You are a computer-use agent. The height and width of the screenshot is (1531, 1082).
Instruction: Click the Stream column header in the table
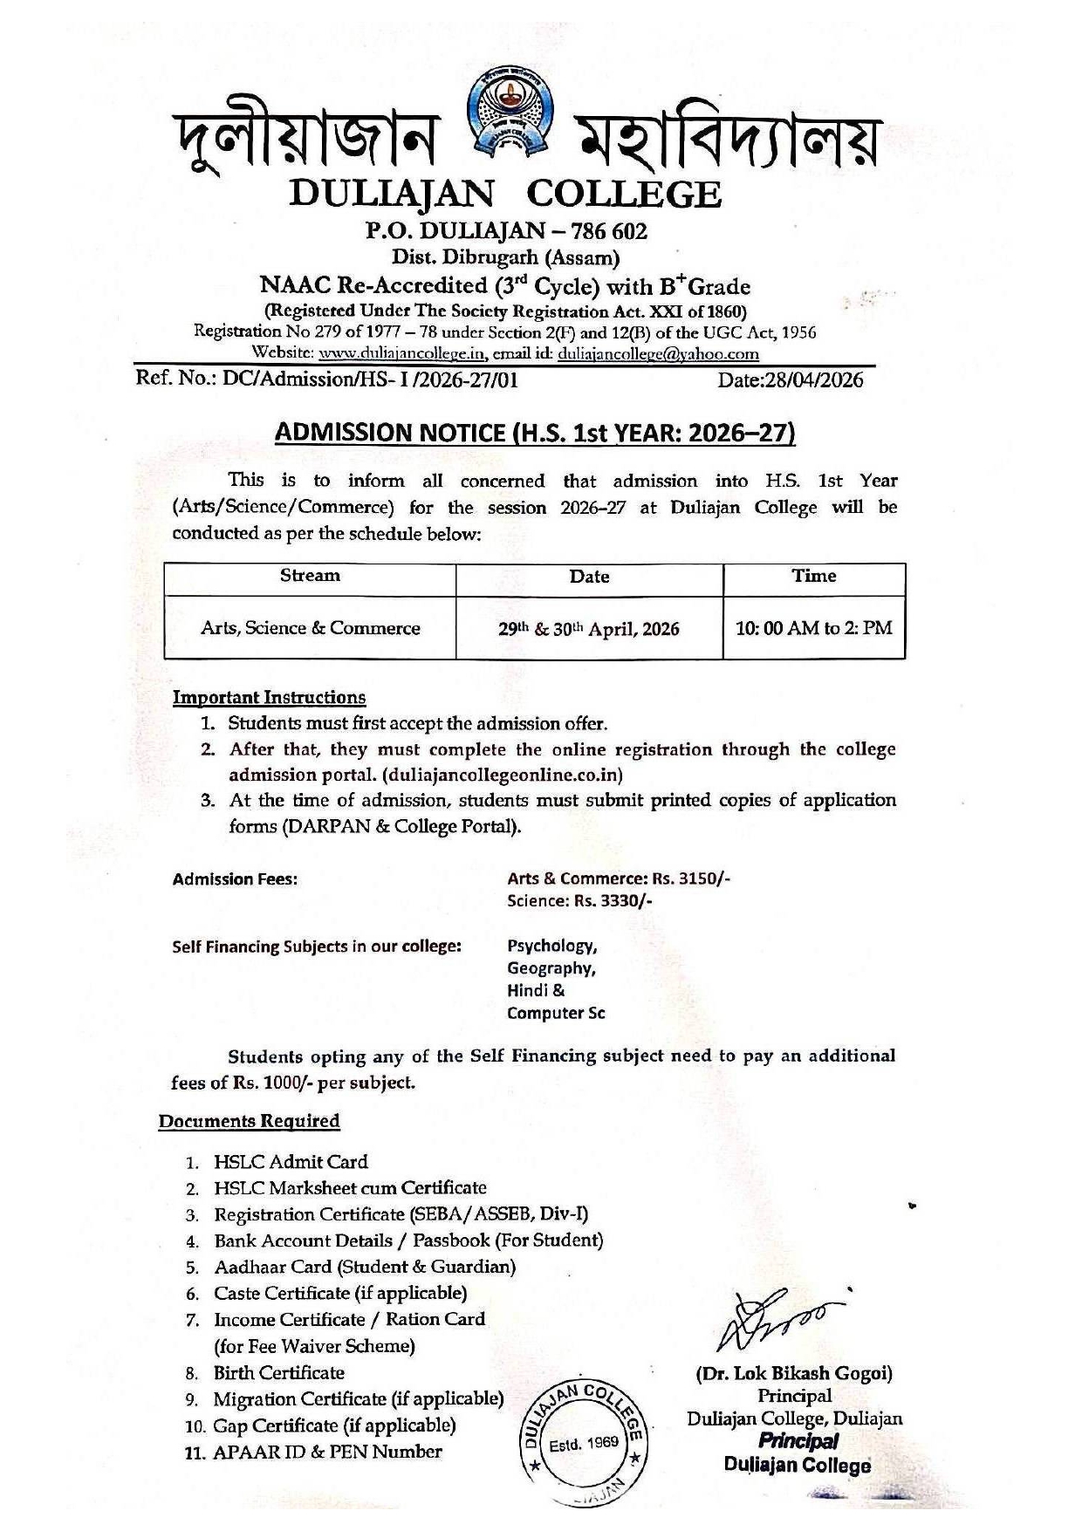(x=310, y=576)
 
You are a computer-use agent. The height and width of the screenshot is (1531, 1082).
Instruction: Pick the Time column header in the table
(x=813, y=576)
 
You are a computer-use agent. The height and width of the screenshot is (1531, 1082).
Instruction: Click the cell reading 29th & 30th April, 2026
(x=589, y=629)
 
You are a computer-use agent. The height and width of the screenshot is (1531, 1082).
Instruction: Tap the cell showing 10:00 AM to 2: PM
(x=813, y=628)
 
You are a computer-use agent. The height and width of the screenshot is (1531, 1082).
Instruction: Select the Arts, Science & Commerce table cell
(x=310, y=628)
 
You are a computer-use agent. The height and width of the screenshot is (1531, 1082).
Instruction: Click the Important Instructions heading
(x=269, y=698)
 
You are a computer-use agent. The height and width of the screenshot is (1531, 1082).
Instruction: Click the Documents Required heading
(x=249, y=1121)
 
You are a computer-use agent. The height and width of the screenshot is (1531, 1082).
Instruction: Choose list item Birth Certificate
(x=279, y=1373)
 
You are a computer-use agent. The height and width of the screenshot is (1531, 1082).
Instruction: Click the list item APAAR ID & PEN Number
(x=328, y=1452)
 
